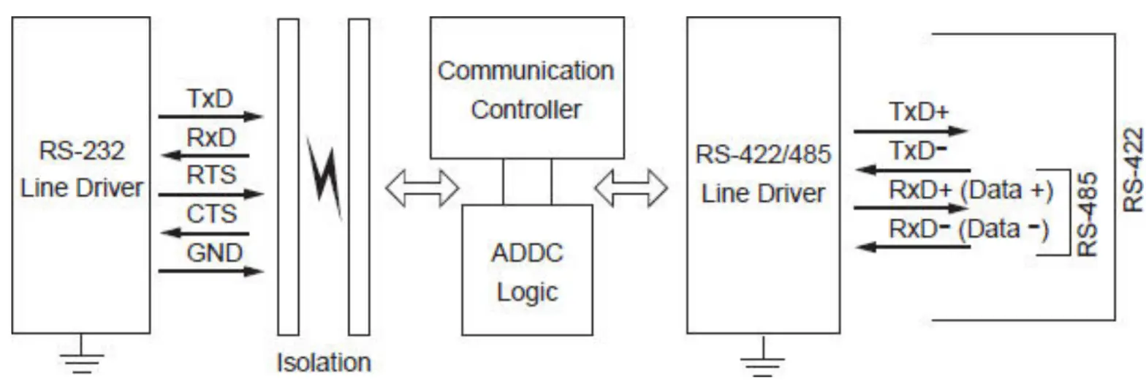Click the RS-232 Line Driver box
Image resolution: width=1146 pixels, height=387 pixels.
tap(80, 176)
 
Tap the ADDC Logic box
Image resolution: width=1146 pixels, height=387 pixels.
tap(526, 271)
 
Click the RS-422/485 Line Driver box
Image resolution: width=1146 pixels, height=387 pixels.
tap(762, 176)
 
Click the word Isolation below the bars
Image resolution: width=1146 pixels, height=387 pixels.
tap(323, 362)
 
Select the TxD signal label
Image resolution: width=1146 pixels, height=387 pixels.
tap(210, 99)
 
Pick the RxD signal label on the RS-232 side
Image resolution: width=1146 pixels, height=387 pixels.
tap(211, 138)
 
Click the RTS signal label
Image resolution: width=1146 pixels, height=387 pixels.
tap(211, 176)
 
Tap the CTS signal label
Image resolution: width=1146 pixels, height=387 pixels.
tap(211, 214)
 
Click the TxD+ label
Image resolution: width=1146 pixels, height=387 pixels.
tap(919, 112)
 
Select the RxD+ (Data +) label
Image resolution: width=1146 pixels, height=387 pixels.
tap(971, 189)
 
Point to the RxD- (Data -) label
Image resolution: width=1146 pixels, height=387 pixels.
tap(968, 228)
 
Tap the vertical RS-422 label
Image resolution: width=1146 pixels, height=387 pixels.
tap(1133, 169)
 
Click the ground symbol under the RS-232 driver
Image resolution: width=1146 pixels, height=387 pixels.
tap(80, 356)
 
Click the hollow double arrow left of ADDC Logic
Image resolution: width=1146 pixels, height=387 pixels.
tap(422, 188)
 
